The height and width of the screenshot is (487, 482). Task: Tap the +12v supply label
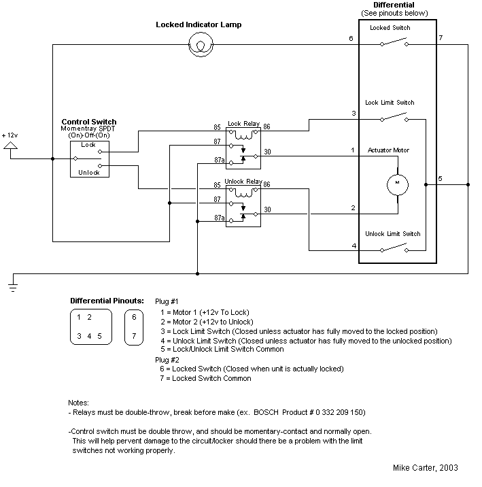11,135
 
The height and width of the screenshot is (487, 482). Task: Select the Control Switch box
88,158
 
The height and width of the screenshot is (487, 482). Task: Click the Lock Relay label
243,123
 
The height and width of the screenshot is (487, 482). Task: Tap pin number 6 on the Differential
351,39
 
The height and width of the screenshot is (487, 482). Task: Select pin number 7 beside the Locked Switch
441,38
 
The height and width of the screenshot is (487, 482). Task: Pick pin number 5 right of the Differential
440,179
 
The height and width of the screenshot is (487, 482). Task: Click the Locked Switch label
390,28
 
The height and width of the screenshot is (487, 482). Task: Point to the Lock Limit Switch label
390,103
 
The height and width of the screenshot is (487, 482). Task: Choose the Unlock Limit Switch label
393,233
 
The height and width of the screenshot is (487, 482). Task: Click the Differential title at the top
394,5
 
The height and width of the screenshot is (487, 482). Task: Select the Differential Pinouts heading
107,300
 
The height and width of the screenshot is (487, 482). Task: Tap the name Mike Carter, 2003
425,468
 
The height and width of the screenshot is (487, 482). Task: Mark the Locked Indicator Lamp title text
199,25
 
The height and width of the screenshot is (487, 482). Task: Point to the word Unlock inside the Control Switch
89,173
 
